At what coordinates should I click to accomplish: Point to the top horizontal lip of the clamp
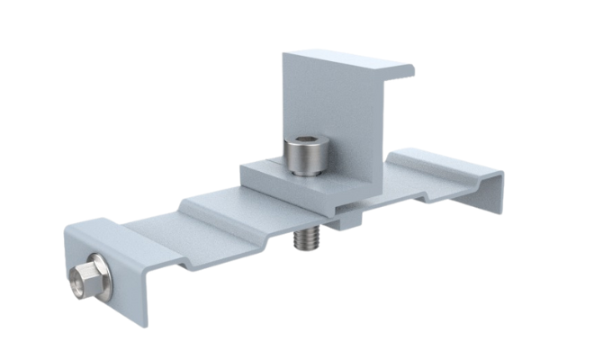pyautogui.click(x=355, y=61)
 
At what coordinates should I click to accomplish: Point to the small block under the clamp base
pyautogui.click(x=347, y=217)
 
